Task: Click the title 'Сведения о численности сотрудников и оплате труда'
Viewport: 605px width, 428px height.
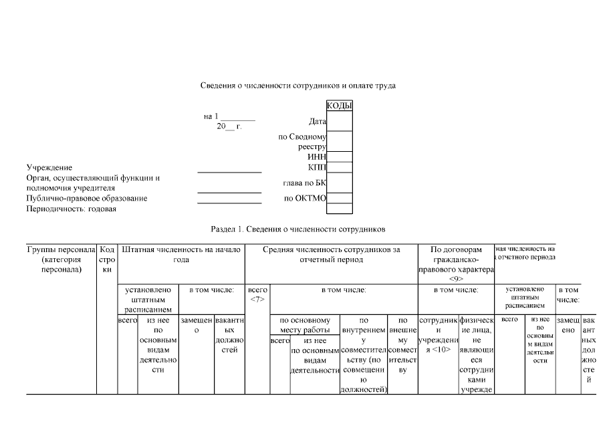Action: [298, 86]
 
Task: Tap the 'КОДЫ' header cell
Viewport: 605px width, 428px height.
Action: [339, 106]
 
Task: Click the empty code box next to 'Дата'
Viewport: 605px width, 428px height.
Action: [339, 122]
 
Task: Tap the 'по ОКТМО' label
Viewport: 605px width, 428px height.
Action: [305, 199]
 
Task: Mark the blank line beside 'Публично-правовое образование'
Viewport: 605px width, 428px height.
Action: [229, 201]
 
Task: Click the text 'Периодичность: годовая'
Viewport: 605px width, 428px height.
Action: [72, 209]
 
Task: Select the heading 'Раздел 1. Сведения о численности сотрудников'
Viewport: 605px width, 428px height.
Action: [298, 229]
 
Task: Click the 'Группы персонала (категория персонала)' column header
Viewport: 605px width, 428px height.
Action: [62, 259]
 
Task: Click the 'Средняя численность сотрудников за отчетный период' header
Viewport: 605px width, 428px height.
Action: [332, 254]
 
